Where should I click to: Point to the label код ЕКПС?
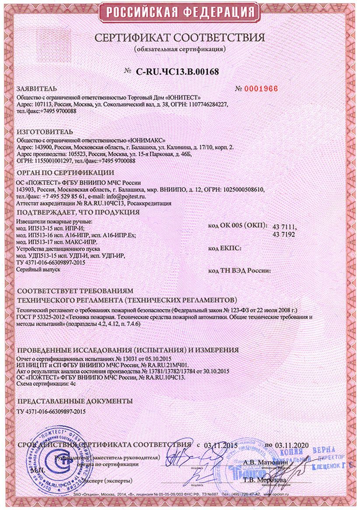pos(226,248)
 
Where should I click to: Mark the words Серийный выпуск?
pos(38,269)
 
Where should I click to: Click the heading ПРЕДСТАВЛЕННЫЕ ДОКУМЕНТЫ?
pos(73,401)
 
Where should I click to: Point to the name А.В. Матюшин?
pos(266,461)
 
